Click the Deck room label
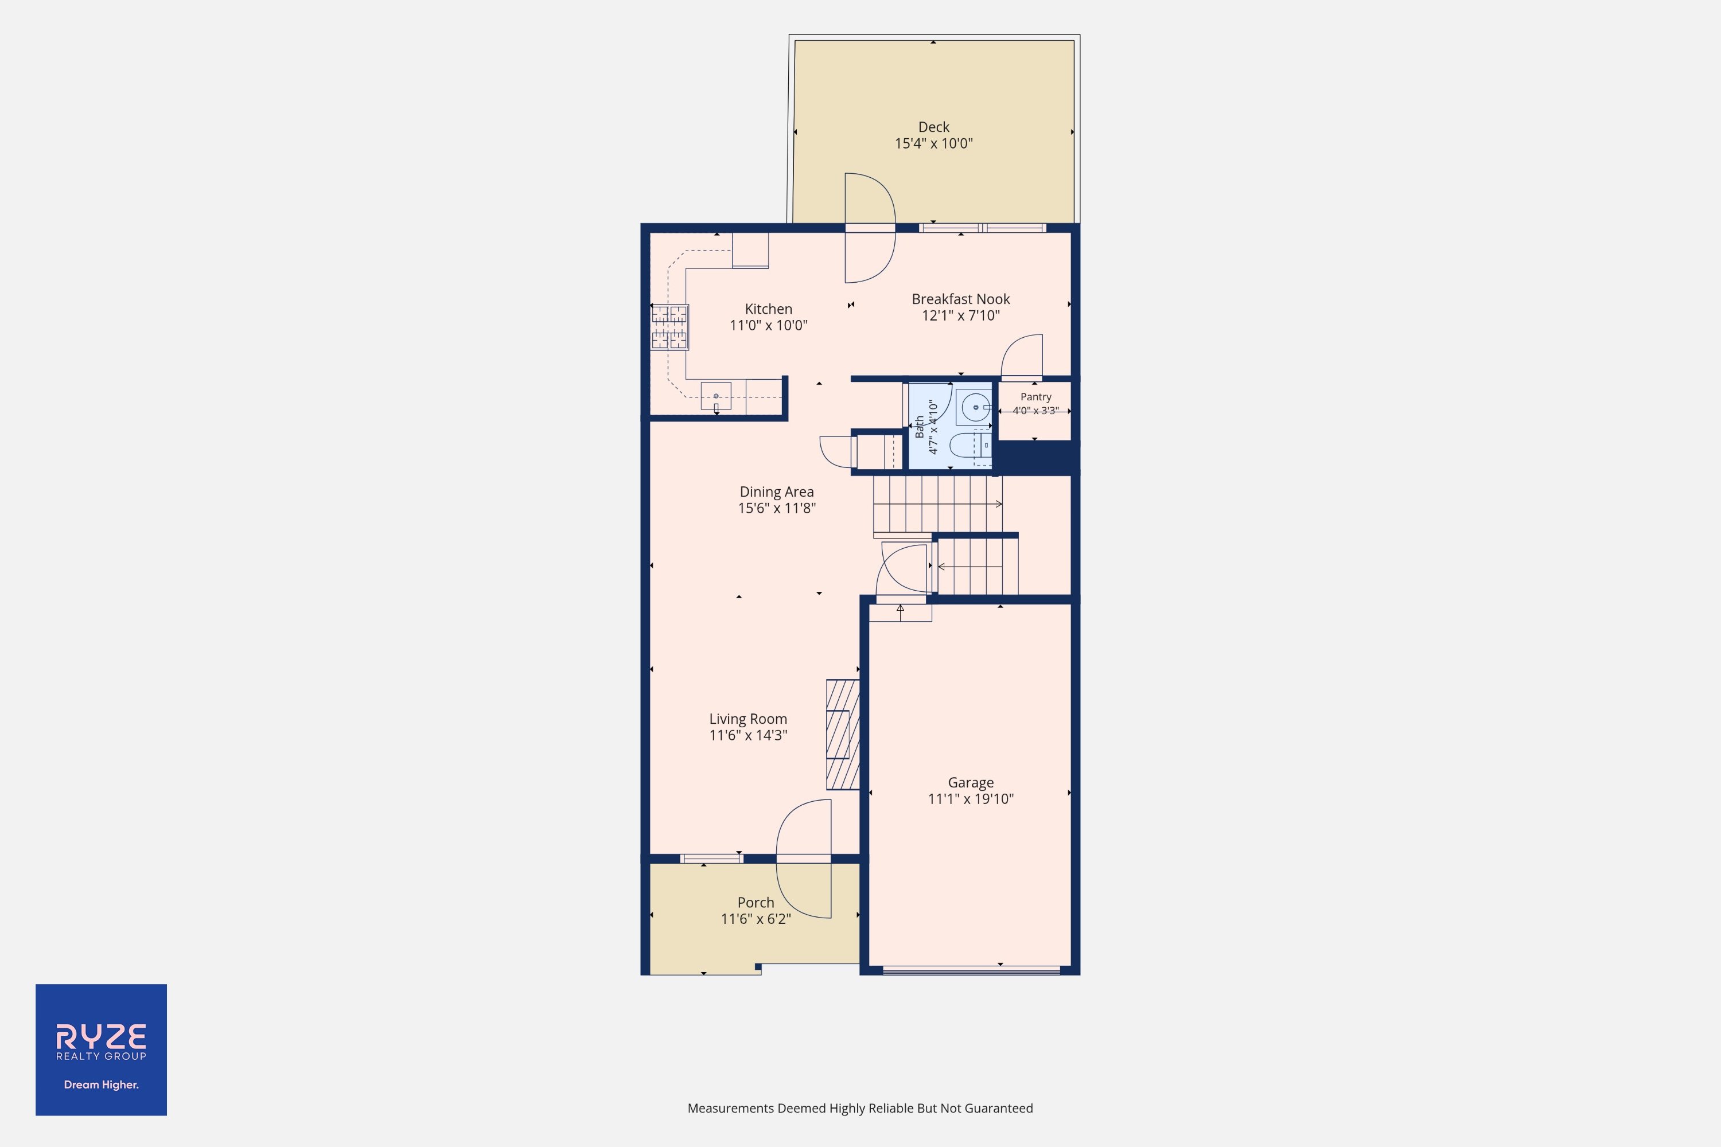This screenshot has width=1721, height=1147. click(x=934, y=127)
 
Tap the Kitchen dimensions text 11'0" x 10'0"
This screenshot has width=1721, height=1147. click(x=768, y=326)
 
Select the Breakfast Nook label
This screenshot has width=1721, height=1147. click(x=961, y=299)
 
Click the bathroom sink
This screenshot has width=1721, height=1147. click(x=975, y=407)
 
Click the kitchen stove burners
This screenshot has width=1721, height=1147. click(x=669, y=327)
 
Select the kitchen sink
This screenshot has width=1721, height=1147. click(x=715, y=396)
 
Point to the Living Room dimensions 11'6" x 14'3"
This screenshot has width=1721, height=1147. click(x=748, y=735)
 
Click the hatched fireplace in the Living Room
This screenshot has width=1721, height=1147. click(x=842, y=735)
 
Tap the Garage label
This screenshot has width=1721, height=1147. click(x=971, y=783)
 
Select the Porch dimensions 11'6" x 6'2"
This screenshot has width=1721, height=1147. click(x=756, y=919)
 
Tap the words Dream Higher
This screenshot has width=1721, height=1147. click(x=101, y=1085)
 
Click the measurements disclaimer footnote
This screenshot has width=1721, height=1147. click(x=860, y=1108)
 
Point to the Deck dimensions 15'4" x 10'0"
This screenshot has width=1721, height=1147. click(x=934, y=143)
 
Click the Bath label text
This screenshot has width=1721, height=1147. click(x=919, y=427)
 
